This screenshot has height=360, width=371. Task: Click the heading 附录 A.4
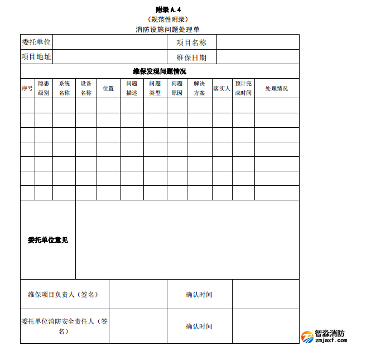coord(168,9)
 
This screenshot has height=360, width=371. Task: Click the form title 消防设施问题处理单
coord(167,29)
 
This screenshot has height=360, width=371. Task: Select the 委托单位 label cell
coord(36,42)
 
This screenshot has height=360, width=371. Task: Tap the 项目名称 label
coord(191,42)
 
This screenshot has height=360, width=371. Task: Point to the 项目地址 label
coord(36,57)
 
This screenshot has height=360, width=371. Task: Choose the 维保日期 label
coord(191,57)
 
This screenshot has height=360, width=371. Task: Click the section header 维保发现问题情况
coord(160,71)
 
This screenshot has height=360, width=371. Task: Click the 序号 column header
coord(27,88)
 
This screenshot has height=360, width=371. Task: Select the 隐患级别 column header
coord(44,88)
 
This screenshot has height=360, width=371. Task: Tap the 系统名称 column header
coord(64,88)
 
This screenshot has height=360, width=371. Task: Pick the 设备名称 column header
coord(86,88)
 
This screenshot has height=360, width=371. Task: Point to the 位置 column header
coord(108,88)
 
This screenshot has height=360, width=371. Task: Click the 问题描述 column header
coord(132,88)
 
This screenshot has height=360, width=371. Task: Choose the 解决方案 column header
coord(199,88)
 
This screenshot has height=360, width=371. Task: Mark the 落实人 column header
coord(222,88)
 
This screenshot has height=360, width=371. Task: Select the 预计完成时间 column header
coord(243,88)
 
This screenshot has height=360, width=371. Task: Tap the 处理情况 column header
coord(277,88)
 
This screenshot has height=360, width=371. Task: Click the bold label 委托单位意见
coord(48,240)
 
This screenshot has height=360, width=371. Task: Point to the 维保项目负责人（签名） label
coord(64,294)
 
